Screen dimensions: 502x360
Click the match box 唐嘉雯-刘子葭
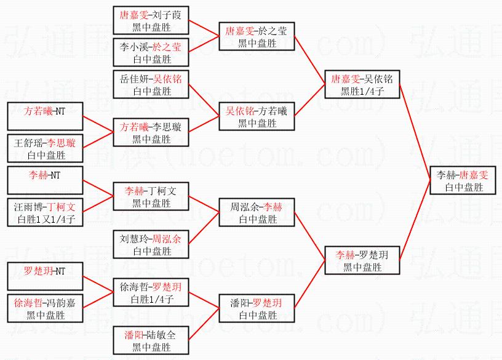[x=151, y=20]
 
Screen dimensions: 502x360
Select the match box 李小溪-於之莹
[x=151, y=52]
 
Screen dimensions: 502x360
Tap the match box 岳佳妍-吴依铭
[x=151, y=84]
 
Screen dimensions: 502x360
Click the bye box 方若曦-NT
[x=46, y=116]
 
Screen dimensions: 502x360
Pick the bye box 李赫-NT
[x=46, y=180]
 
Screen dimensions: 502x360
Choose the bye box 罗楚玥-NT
[x=46, y=276]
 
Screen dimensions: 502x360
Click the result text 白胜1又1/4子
[x=46, y=219]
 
